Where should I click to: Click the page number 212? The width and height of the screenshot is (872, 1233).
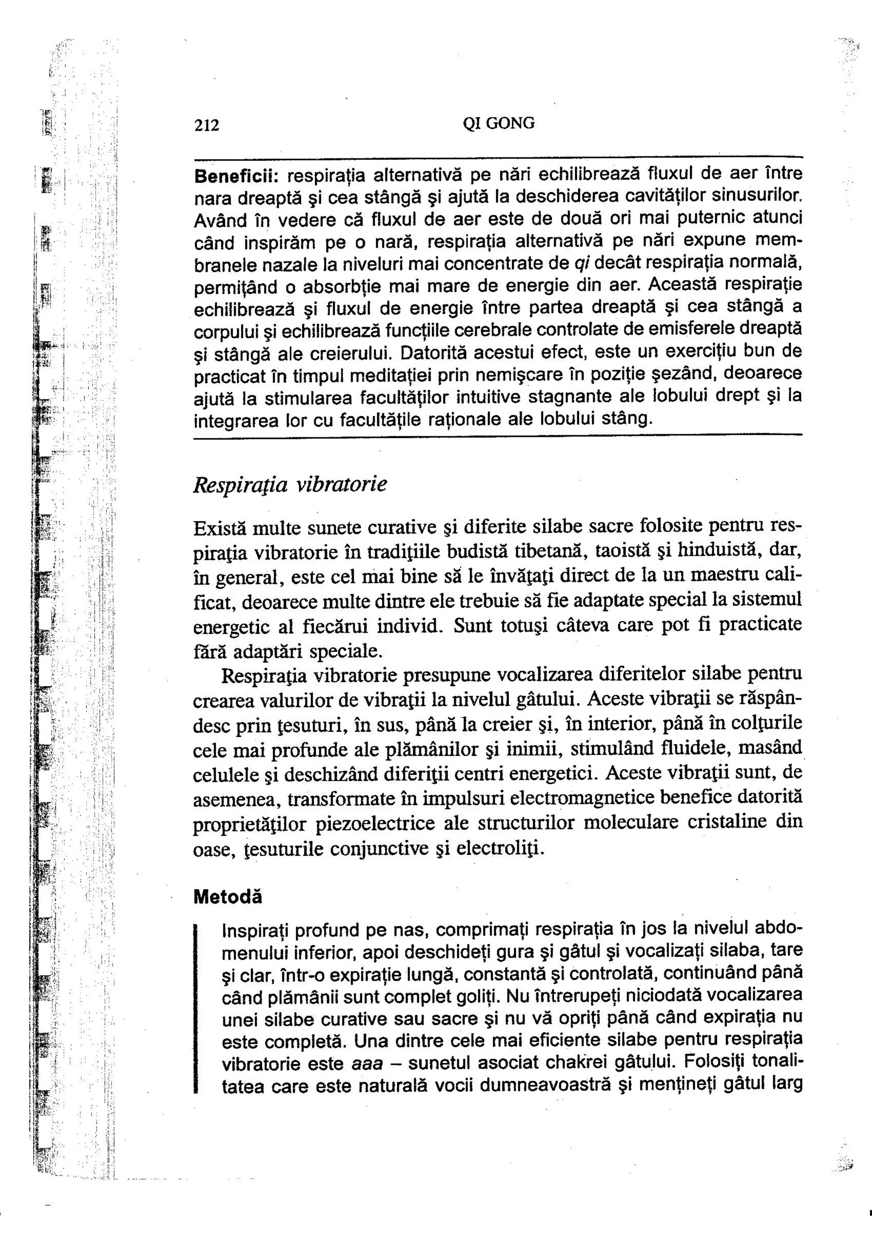(207, 126)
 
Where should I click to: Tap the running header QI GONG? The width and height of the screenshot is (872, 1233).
(498, 124)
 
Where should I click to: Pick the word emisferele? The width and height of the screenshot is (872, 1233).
(724, 328)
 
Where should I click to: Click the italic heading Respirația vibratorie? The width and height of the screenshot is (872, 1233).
(290, 485)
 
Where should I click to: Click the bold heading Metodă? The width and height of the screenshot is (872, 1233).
(228, 897)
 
